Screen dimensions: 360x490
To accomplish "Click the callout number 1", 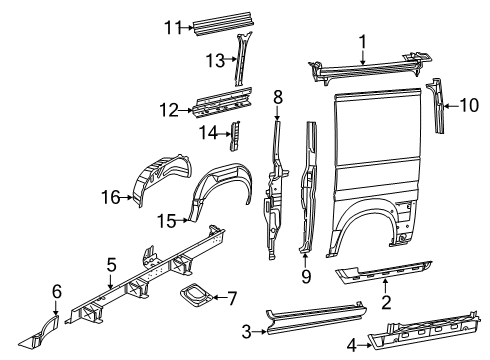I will (x=362, y=43).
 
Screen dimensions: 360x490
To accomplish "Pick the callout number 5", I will (x=112, y=265).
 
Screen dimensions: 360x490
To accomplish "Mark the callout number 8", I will (x=278, y=97).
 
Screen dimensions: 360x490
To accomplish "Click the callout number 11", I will (x=172, y=26).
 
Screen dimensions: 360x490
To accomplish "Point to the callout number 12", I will (x=173, y=109).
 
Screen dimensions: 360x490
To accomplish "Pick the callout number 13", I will (x=213, y=60).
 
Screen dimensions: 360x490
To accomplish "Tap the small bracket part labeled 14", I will (x=236, y=134).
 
